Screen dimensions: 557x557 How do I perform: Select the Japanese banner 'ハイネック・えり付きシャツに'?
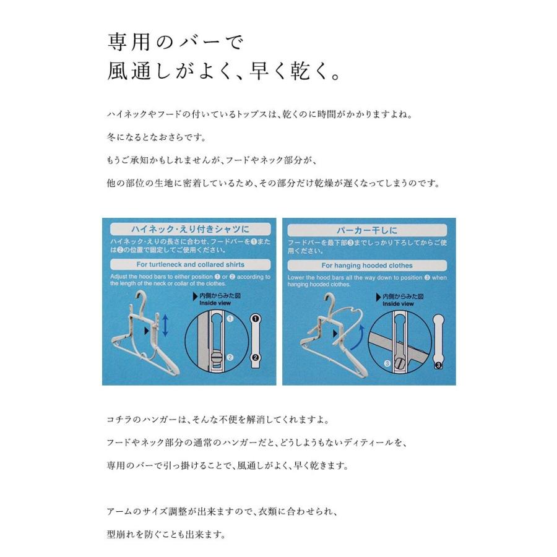click(x=191, y=228)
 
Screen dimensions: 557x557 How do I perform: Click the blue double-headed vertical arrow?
click(x=165, y=326)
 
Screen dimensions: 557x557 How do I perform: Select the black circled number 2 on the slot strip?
click(x=256, y=357)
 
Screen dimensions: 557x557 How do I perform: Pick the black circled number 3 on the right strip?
click(x=438, y=365)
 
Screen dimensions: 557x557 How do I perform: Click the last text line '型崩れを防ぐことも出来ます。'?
click(x=166, y=534)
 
